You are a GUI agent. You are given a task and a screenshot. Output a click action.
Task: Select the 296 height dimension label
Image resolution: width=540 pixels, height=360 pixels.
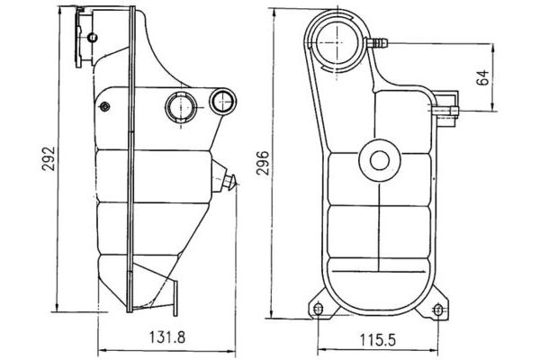[x=263, y=163]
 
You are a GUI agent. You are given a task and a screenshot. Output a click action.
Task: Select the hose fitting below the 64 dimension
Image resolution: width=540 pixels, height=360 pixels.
[x=446, y=111]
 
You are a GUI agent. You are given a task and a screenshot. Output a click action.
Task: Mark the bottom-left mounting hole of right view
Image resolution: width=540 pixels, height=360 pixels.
[x=317, y=310]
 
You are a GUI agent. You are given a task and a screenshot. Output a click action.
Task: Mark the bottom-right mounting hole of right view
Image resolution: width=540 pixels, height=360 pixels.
[x=438, y=310]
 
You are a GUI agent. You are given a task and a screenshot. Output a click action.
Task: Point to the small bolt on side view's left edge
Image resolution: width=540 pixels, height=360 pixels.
[x=104, y=108]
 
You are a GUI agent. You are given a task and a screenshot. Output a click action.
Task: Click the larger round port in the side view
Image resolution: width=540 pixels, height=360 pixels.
[x=179, y=106]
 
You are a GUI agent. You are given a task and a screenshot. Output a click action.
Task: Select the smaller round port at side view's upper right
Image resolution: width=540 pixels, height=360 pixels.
[x=220, y=101]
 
